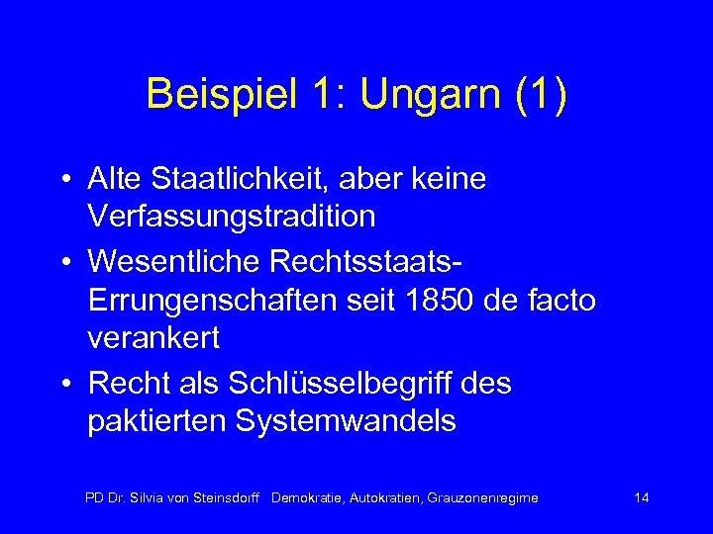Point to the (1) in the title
point(539,96)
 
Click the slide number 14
point(641,497)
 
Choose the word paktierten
point(155,421)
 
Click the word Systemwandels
point(347,421)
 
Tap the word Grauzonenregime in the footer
point(481,497)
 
